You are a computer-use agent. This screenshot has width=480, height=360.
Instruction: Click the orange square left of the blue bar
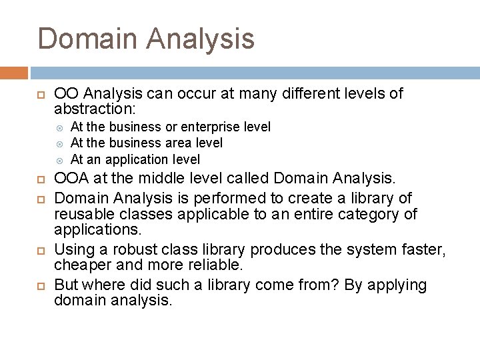(14, 73)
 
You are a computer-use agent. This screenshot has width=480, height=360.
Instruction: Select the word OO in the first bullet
(65, 93)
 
